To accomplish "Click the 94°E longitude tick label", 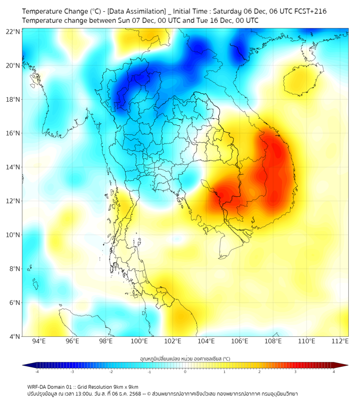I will (x=39, y=341).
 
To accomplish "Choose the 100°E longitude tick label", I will (x=140, y=341).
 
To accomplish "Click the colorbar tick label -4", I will (x=37, y=372).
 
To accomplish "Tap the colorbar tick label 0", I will (x=185, y=372).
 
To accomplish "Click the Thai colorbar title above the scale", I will (x=185, y=359).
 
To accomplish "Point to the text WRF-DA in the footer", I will (x=38, y=386).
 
